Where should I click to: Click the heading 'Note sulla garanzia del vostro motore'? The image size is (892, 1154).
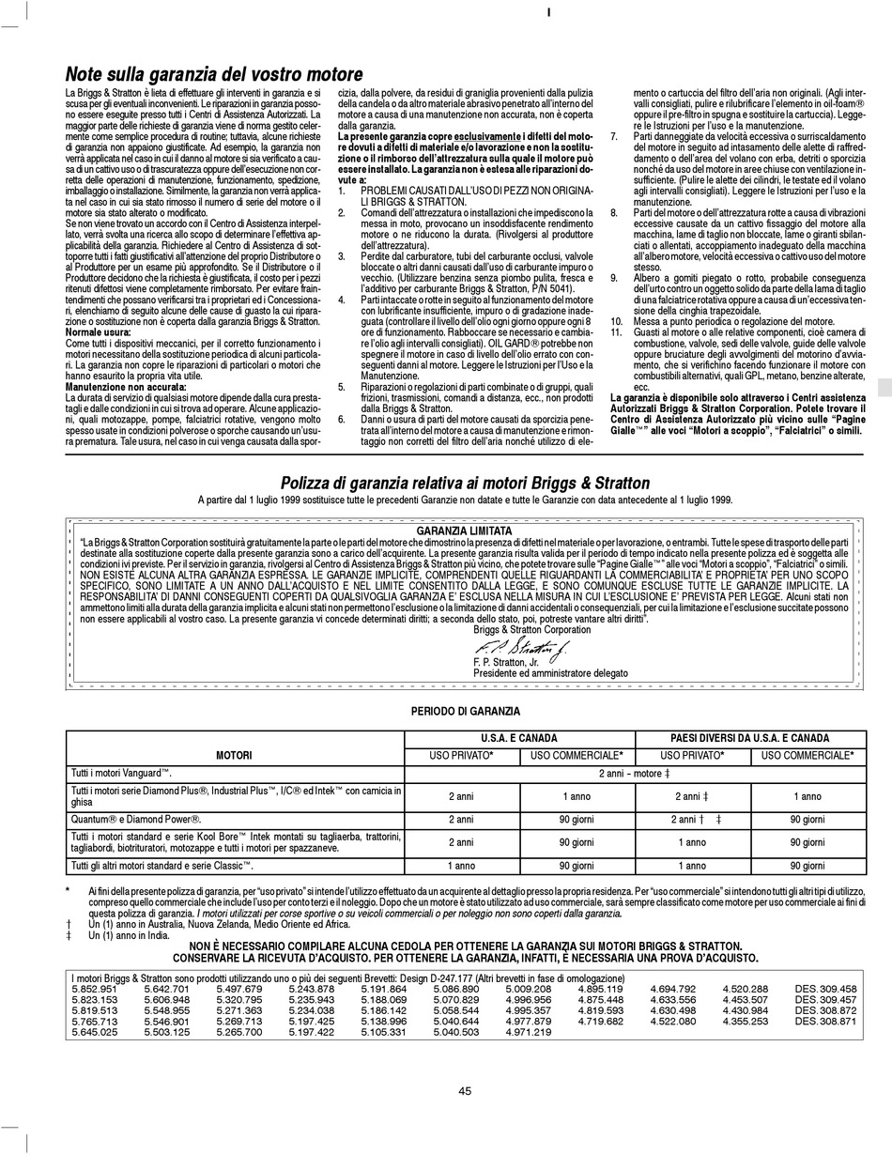[214, 74]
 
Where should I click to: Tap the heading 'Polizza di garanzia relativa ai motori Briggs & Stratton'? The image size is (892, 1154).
[466, 483]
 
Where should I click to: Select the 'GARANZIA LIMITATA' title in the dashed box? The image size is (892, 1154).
[466, 531]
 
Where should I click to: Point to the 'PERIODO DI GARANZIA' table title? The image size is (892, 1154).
[466, 712]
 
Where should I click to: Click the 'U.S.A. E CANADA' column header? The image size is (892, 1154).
[532, 738]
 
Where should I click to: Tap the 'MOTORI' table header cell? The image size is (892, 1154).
[234, 755]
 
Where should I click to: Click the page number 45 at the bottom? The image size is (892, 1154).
[465, 1090]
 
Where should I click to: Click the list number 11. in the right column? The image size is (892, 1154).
[616, 333]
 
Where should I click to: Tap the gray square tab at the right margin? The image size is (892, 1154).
[884, 388]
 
